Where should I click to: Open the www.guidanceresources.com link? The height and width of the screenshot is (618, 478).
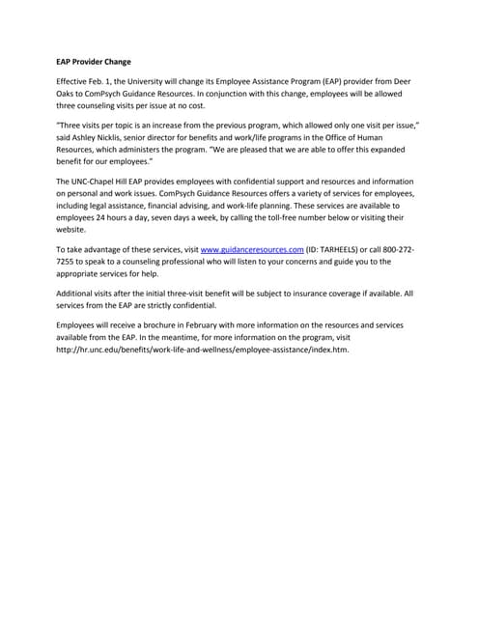point(251,250)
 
